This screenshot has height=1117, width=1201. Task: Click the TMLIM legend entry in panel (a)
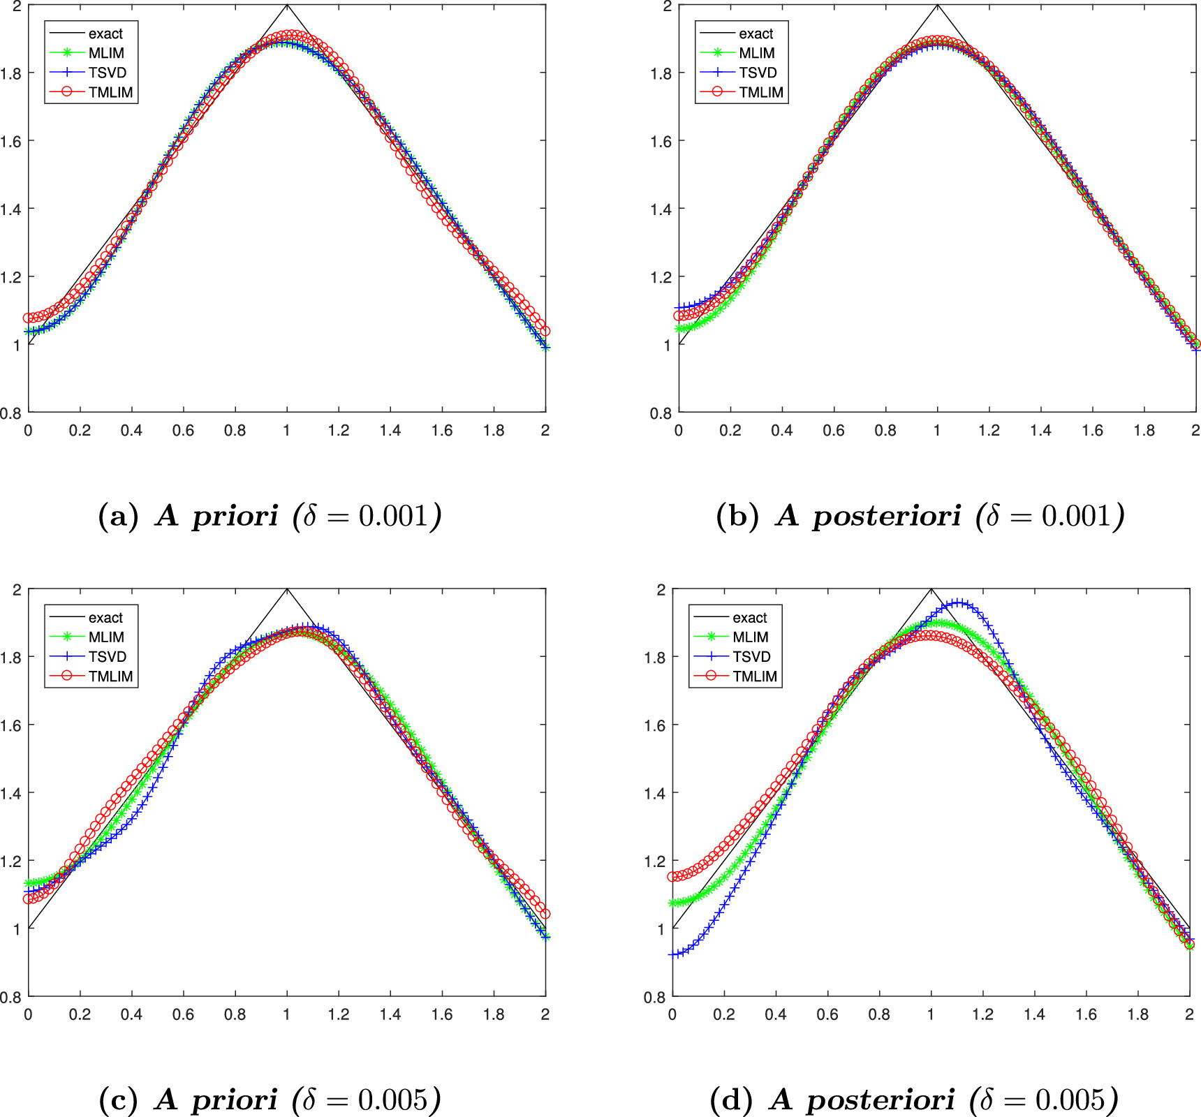coord(110,92)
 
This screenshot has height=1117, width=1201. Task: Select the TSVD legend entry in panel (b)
coord(758,73)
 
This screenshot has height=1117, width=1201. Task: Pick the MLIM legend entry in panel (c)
coord(106,637)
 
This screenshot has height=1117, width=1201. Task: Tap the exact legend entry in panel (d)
coord(750,617)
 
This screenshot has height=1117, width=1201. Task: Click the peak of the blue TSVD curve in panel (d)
coord(960,602)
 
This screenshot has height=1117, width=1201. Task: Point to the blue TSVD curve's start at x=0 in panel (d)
coord(673,954)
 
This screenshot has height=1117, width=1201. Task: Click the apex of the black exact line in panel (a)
coord(287,6)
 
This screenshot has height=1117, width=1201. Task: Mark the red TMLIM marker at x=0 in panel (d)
coord(673,877)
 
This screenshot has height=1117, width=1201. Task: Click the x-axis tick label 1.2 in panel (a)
coord(339,430)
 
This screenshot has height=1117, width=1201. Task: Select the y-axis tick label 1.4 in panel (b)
coord(661,209)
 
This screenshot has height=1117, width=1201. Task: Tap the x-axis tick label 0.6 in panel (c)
coord(183,1014)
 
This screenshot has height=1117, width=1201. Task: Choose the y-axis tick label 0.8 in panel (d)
coord(654,997)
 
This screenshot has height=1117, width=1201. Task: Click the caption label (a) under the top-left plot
coord(119,516)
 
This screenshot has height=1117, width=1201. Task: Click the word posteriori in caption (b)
coord(887,516)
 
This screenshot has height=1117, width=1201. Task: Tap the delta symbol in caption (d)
coord(986,1100)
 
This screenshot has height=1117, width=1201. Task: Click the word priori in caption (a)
coord(235,516)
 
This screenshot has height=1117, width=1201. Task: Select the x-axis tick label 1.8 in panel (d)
coord(1138,1014)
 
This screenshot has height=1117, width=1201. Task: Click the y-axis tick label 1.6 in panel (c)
coord(10,725)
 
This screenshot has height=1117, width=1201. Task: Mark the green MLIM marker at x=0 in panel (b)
coord(679,329)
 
